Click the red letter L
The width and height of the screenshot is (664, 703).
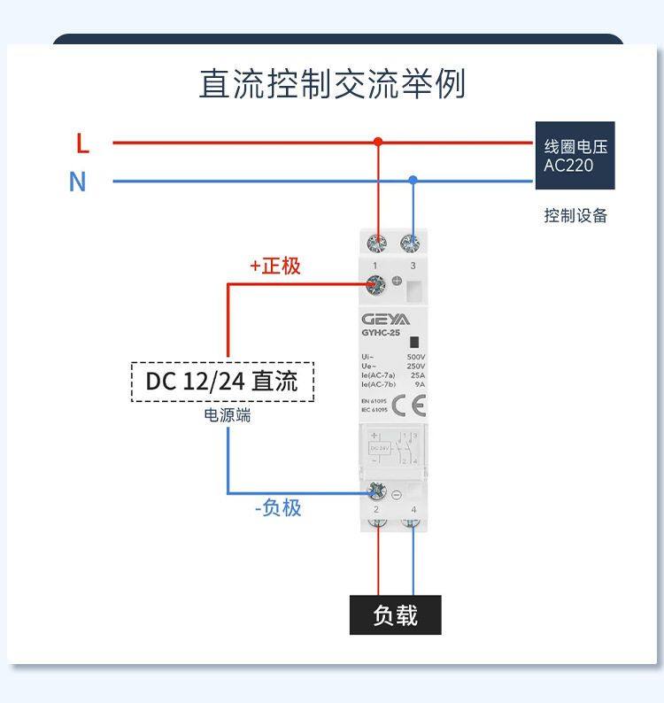82,143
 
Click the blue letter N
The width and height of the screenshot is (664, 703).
78,182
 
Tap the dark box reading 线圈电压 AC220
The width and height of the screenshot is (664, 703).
575,156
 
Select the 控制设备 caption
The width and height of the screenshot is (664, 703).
575,215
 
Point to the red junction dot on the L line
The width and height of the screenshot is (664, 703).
378,142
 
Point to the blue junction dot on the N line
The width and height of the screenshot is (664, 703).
413,181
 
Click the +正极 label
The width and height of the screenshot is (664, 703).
275,266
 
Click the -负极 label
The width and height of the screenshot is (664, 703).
278,507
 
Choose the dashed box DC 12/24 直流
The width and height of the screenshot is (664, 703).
222,382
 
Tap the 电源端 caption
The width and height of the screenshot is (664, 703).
228,414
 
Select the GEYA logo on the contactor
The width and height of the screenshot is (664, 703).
385,319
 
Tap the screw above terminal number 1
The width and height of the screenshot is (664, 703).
378,243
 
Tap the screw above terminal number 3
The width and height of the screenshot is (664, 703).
412,243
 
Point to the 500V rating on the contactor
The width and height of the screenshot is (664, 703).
415,357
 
